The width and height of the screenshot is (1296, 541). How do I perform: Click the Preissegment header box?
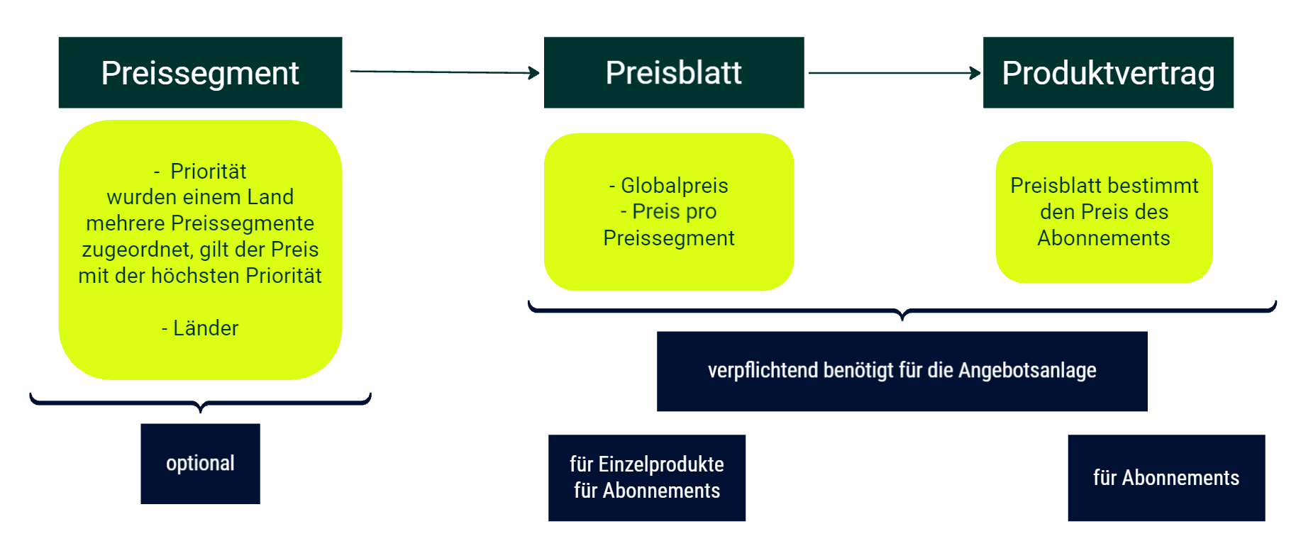(x=200, y=72)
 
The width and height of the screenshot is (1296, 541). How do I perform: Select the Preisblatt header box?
(x=674, y=72)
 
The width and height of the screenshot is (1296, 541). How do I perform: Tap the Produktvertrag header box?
(x=1108, y=72)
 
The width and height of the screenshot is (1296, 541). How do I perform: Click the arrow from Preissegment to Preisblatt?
(x=445, y=72)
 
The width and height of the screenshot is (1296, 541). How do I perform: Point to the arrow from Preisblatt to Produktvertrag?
(x=895, y=72)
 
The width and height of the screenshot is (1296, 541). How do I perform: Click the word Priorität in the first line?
(x=209, y=172)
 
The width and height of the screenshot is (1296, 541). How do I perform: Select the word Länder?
(x=206, y=328)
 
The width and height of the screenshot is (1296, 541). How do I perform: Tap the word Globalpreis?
(x=675, y=186)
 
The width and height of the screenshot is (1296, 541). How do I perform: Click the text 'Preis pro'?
(x=674, y=211)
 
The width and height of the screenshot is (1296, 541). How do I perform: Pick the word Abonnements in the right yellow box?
(x=1104, y=238)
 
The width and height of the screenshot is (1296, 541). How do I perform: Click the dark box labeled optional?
(x=200, y=464)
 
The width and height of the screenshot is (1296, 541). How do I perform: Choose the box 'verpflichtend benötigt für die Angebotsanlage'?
(x=902, y=371)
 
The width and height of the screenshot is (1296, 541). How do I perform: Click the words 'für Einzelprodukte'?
(x=647, y=464)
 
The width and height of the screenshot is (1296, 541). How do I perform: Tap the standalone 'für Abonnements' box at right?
(x=1166, y=478)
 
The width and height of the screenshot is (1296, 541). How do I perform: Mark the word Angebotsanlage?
(x=1027, y=370)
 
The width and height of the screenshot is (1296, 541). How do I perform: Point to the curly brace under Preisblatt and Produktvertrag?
(x=902, y=311)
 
